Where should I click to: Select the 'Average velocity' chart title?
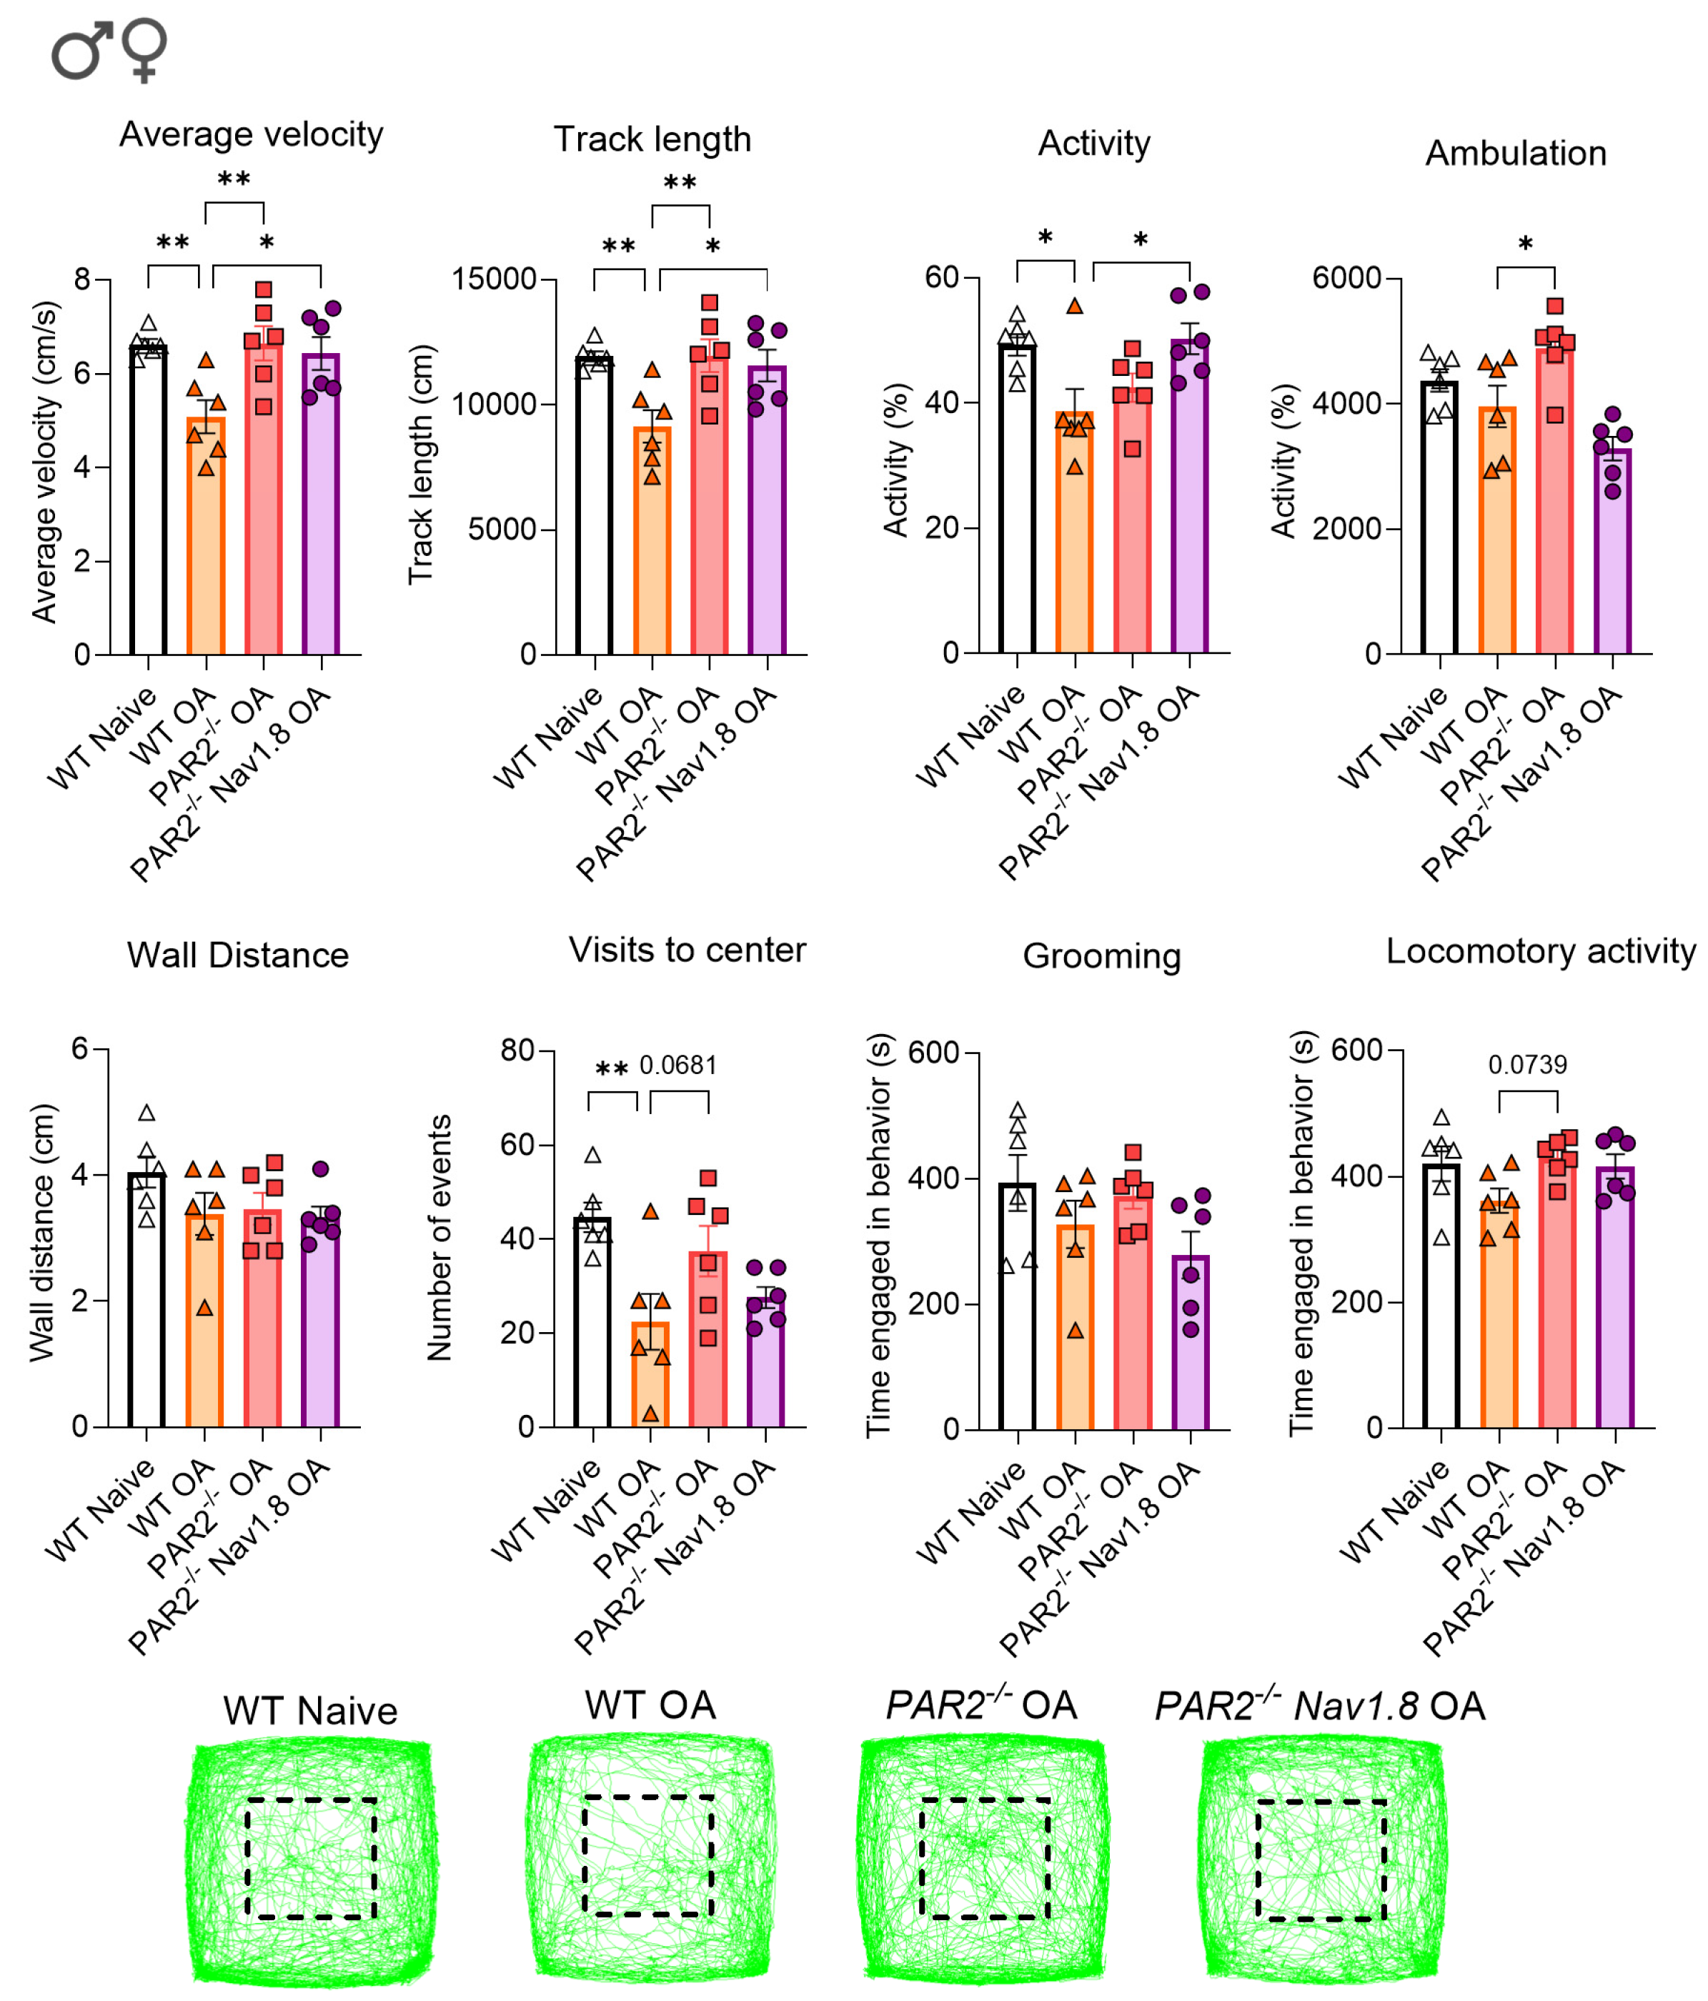[x=251, y=134]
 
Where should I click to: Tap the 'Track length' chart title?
[x=652, y=139]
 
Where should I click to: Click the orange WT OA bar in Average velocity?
[x=206, y=535]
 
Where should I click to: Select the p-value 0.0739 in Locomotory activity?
[x=1527, y=1064]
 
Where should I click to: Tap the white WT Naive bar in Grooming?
[x=1018, y=1306]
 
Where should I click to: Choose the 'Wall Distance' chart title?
[x=237, y=955]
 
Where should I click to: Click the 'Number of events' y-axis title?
[x=440, y=1238]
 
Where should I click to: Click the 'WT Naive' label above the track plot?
[x=310, y=1710]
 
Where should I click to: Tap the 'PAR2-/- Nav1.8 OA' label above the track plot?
[x=1320, y=1704]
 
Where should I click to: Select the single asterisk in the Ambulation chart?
[x=1526, y=244]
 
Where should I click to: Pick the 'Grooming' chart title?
[x=1102, y=956]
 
